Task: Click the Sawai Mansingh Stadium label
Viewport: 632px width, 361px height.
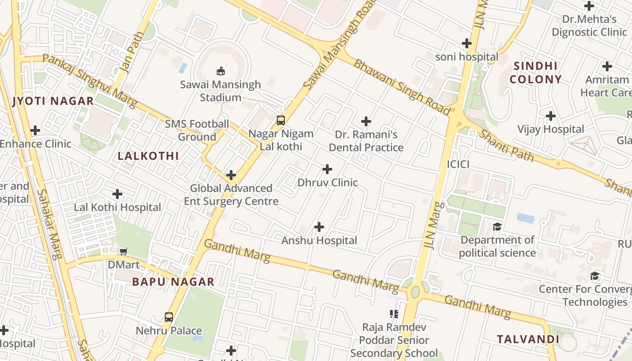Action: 220,91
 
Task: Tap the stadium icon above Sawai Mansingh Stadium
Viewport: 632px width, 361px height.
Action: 221,71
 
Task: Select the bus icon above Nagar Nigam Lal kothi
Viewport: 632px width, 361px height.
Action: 281,120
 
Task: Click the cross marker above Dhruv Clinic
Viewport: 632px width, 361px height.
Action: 327,169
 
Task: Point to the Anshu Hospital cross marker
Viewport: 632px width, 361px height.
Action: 319,227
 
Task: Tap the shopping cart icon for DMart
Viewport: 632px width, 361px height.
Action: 123,251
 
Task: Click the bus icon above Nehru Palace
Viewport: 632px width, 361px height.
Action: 169,317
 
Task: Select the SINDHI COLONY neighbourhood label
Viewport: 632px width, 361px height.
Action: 536,73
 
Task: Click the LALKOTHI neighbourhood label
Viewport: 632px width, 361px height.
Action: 148,156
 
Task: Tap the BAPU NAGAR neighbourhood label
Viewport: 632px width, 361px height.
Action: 173,282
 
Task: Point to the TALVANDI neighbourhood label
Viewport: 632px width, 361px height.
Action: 528,339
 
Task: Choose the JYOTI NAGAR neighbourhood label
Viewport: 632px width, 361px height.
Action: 53,101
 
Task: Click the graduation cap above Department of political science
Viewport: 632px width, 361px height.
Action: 497,227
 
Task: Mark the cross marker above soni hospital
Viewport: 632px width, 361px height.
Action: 467,44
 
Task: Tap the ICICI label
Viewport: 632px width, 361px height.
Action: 458,164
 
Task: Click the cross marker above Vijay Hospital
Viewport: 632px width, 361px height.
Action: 550,116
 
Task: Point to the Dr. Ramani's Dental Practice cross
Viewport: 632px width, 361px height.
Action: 366,121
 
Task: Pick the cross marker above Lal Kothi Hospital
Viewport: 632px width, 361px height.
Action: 117,194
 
